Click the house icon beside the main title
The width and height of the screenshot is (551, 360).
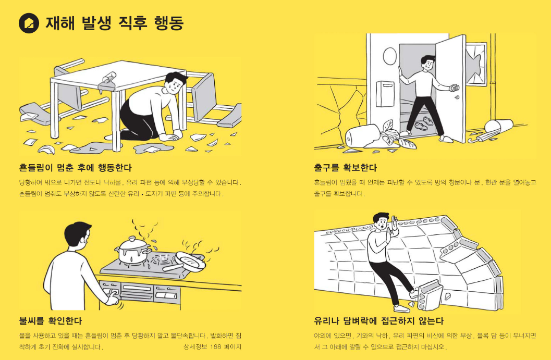tap(29, 22)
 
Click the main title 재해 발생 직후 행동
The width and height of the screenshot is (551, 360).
tap(114, 23)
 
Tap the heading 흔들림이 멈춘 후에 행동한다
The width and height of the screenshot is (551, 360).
tap(75, 168)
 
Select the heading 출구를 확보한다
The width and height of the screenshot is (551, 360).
tap(345, 168)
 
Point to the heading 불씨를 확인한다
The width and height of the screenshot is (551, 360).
tap(50, 320)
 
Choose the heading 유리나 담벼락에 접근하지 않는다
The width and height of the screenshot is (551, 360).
tap(379, 320)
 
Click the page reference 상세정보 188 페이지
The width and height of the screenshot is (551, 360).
tap(212, 346)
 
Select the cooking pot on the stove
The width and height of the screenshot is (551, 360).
tap(131, 250)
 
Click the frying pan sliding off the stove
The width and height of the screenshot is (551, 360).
tap(190, 259)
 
